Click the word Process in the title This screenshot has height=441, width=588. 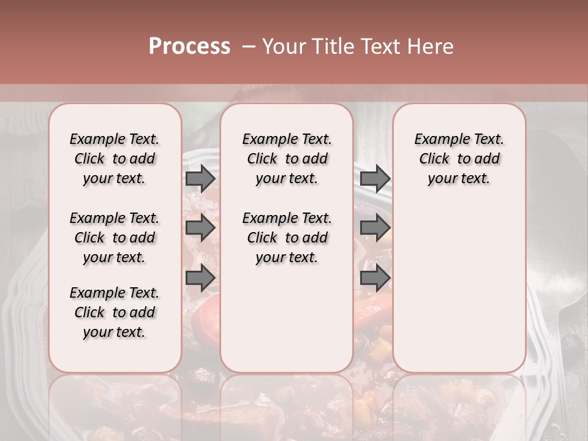pos(189,47)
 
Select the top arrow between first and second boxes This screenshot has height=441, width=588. pos(200,179)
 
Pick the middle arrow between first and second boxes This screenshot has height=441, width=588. pos(200,228)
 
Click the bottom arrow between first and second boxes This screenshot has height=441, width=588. pos(200,279)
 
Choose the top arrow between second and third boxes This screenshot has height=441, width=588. pos(375,179)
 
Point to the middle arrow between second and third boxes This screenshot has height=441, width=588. pos(375,228)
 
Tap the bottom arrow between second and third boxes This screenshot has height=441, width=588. pos(375,279)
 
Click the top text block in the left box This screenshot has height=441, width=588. pos(115,159)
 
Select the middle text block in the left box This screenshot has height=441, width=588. pos(115,238)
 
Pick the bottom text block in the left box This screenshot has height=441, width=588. pos(115,312)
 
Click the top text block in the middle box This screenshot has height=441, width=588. pos(287,159)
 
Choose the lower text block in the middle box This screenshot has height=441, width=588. pos(287,238)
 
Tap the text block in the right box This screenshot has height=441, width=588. pos(459,159)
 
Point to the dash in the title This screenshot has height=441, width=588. pos(248,47)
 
